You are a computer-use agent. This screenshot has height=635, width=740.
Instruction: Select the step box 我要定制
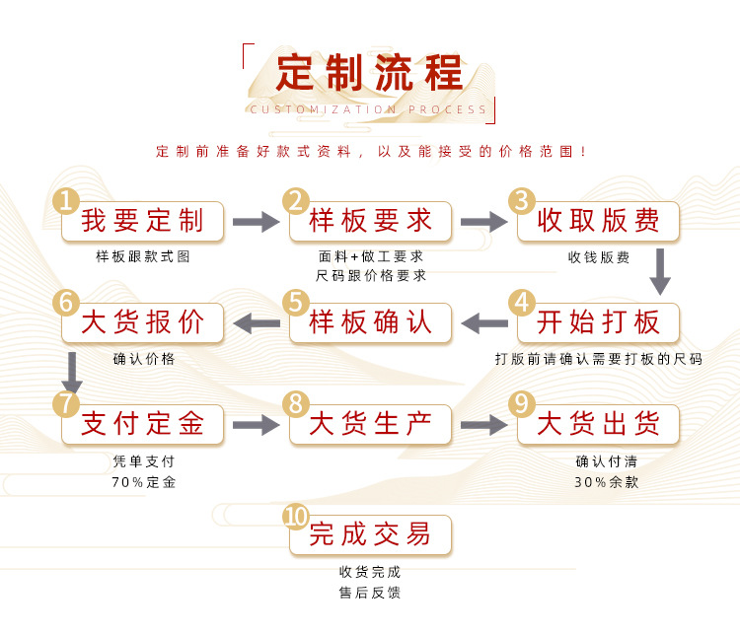click(x=143, y=221)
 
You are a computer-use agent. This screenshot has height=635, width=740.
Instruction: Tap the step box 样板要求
click(x=371, y=221)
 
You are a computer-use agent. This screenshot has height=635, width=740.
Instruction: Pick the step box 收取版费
click(x=599, y=221)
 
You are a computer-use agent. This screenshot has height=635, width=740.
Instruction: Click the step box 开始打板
click(x=599, y=322)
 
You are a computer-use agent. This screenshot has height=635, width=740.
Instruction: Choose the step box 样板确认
click(x=371, y=322)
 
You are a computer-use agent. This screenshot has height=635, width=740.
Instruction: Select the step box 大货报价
click(x=143, y=322)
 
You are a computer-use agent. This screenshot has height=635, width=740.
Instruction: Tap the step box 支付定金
click(x=143, y=425)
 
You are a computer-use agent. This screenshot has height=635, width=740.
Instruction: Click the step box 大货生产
click(x=371, y=425)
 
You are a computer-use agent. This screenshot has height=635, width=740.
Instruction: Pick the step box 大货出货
click(x=599, y=425)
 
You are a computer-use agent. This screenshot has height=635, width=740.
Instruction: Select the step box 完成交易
click(x=371, y=535)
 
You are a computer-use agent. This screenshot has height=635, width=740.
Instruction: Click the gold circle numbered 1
click(x=66, y=201)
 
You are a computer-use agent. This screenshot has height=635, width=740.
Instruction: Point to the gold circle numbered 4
click(x=522, y=302)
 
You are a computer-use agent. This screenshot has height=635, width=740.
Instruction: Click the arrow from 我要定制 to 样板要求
click(x=257, y=223)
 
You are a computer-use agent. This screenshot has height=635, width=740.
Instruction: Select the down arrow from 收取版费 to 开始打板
click(x=660, y=271)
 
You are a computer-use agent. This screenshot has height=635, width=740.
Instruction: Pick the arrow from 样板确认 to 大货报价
click(x=257, y=322)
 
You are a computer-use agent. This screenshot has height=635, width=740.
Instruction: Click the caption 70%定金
click(x=144, y=482)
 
